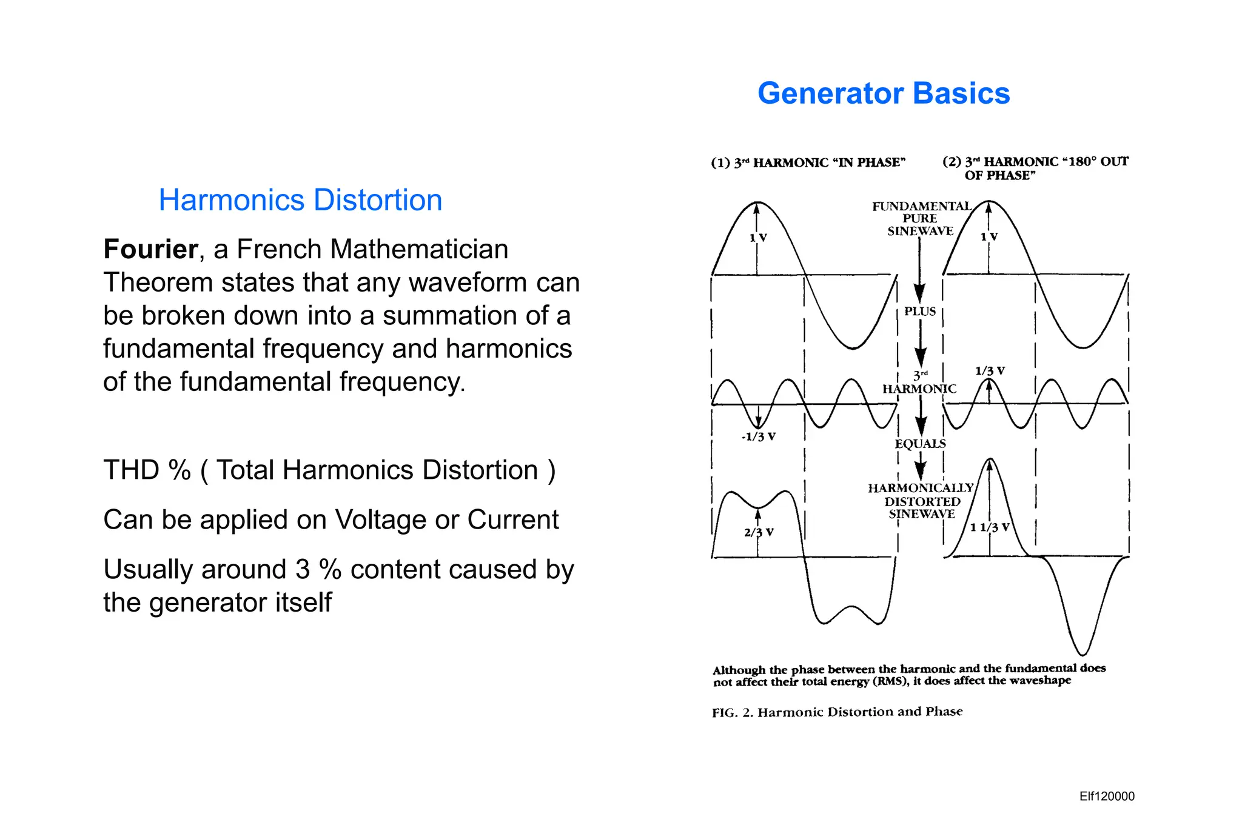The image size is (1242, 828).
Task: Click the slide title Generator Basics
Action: tap(884, 93)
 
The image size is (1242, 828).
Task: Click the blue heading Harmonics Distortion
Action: tap(300, 200)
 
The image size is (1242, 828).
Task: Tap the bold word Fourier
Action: tap(150, 249)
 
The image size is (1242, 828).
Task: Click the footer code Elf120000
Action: tap(1107, 796)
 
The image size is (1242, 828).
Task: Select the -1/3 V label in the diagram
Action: tap(758, 436)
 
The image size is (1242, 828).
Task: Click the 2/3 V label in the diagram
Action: tap(759, 532)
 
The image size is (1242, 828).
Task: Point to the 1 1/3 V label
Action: tap(990, 527)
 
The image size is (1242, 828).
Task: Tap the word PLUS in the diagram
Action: tap(920, 312)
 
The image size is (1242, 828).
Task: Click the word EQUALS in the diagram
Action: tap(920, 444)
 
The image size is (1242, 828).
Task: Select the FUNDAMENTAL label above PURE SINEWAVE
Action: tap(921, 207)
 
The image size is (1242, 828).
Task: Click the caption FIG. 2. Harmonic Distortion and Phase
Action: tap(837, 712)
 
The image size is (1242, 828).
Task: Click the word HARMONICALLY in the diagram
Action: tap(920, 489)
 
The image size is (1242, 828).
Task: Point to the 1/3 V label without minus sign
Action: tap(990, 371)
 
